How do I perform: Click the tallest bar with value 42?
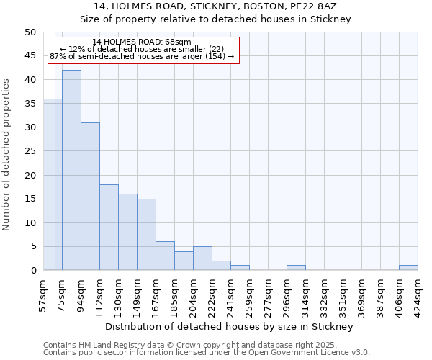point(71,170)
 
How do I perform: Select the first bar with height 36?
point(53,184)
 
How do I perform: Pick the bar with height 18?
point(109,227)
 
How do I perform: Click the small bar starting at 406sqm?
point(408,268)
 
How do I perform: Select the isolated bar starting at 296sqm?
point(296,268)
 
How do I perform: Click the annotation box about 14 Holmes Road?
point(143,50)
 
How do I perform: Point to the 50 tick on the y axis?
point(30,32)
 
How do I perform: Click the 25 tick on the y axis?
point(30,151)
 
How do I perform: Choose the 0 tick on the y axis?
point(32,271)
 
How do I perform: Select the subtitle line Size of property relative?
point(215,19)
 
